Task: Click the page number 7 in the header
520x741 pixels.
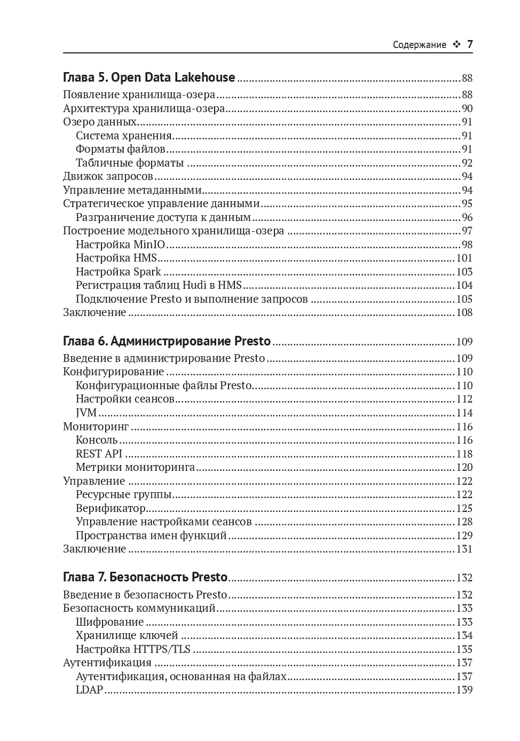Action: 470,44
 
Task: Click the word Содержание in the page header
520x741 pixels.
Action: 419,45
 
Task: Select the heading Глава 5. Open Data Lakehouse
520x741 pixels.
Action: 149,77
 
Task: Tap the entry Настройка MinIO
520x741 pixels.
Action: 120,245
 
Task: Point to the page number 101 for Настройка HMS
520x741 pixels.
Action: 464,258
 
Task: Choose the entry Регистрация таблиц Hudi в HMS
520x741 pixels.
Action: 159,285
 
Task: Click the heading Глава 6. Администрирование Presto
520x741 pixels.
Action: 167,341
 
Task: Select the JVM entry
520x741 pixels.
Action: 86,413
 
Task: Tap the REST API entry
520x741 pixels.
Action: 99,454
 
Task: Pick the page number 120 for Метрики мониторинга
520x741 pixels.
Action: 464,468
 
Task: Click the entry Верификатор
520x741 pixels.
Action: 111,508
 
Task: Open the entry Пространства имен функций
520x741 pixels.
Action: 151,535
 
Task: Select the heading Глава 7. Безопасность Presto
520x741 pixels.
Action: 145,577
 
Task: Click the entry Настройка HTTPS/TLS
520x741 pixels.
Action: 133,649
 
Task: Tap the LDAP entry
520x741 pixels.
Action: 89,690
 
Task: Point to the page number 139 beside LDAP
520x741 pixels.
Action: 464,690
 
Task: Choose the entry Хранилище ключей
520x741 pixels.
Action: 127,635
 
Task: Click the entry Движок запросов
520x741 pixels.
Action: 108,176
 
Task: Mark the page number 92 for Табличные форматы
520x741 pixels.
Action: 467,163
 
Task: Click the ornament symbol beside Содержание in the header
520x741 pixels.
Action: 456,45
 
